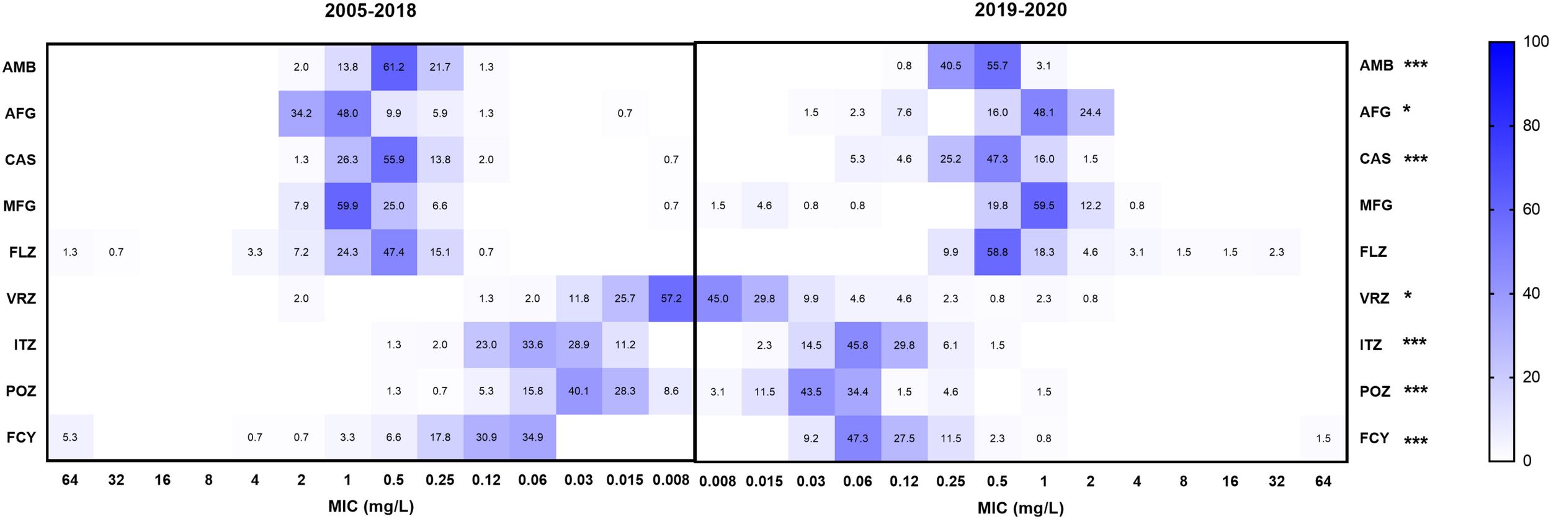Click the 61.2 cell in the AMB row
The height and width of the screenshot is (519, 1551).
393,67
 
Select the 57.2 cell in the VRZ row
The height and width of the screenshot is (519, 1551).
671,299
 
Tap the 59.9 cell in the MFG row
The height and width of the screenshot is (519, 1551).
347,206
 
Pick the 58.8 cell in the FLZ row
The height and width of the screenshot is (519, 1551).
997,252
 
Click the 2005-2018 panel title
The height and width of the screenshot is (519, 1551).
370,11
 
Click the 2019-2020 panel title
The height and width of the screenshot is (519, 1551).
1021,11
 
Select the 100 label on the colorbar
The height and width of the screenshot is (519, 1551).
1535,42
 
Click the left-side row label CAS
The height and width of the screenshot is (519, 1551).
20,160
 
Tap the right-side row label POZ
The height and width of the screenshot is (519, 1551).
1375,392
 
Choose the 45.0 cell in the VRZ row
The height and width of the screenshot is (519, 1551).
718,299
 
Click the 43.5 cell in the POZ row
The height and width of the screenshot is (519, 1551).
811,392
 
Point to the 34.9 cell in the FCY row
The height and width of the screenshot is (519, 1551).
532,438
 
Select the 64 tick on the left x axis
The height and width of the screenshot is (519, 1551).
70,480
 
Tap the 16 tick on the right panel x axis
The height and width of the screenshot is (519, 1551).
1230,481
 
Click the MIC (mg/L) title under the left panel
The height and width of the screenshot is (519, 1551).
371,507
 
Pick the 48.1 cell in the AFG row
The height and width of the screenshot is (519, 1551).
1044,112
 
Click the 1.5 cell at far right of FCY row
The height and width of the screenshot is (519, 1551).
1323,438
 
